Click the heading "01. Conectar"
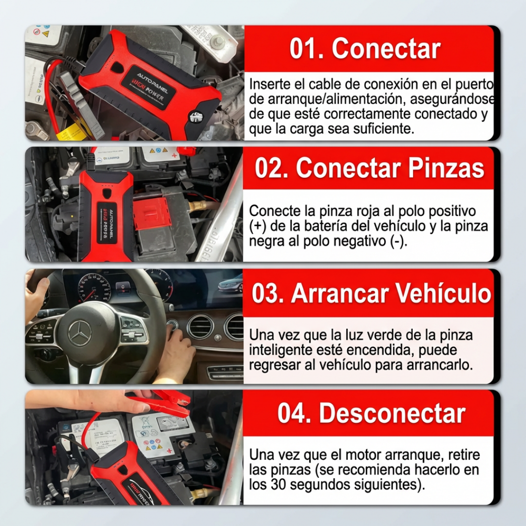(x=365, y=49)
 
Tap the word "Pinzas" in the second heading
(x=446, y=169)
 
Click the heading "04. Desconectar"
(x=371, y=413)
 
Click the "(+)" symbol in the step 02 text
(x=255, y=226)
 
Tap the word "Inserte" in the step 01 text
(x=265, y=84)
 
